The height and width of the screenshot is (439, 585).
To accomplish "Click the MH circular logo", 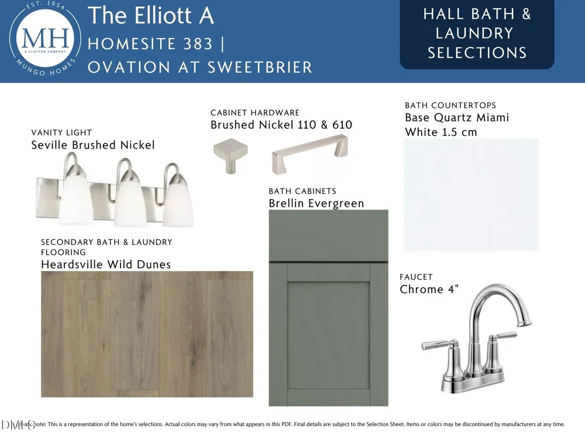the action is coord(45,39).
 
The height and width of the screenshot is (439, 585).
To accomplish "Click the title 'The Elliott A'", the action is coord(151,15).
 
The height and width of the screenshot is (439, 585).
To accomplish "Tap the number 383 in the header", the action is coord(198,44).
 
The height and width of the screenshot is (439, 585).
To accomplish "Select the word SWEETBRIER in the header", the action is coord(260,67).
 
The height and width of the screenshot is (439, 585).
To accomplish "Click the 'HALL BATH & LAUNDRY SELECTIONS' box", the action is coord(477,34).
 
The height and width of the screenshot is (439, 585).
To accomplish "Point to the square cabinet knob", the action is coord(230,155).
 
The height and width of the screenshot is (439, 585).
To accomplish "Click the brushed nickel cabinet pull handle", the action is coord(309,154).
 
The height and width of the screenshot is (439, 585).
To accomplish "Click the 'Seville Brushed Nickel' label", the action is coord(93,145).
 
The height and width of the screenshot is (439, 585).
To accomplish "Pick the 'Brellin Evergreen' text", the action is coord(316,204).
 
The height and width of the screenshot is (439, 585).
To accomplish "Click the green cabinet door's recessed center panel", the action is coord(328,335).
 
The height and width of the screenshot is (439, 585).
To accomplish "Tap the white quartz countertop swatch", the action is coord(471,195).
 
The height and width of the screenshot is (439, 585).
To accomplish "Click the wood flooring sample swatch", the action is coord(147,334).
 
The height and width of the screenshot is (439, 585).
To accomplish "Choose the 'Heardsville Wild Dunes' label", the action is coord(106,265).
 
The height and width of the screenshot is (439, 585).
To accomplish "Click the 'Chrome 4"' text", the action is coord(429,289).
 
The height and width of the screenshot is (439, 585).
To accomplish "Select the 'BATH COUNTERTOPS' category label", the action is coord(450,105).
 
